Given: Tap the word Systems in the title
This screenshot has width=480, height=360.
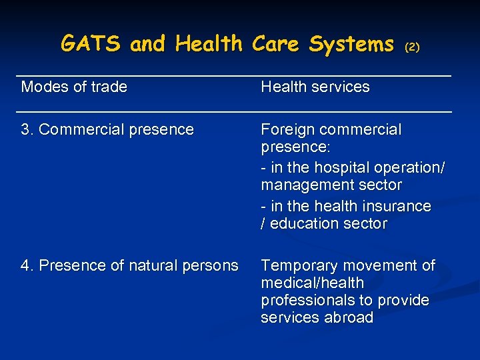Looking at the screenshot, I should click(351, 44).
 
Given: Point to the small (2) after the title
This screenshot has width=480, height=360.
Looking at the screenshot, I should click(413, 47).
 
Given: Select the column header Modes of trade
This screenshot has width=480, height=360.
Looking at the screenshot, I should click(74, 87).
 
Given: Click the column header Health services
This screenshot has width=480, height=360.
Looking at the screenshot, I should click(315, 87).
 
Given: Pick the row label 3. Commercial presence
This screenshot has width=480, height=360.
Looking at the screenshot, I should click(107, 129).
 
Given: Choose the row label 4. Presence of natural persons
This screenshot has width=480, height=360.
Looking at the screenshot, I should click(129, 265).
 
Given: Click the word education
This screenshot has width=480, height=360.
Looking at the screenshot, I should click(301, 223).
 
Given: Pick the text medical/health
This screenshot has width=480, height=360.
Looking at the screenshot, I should click(312, 283).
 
